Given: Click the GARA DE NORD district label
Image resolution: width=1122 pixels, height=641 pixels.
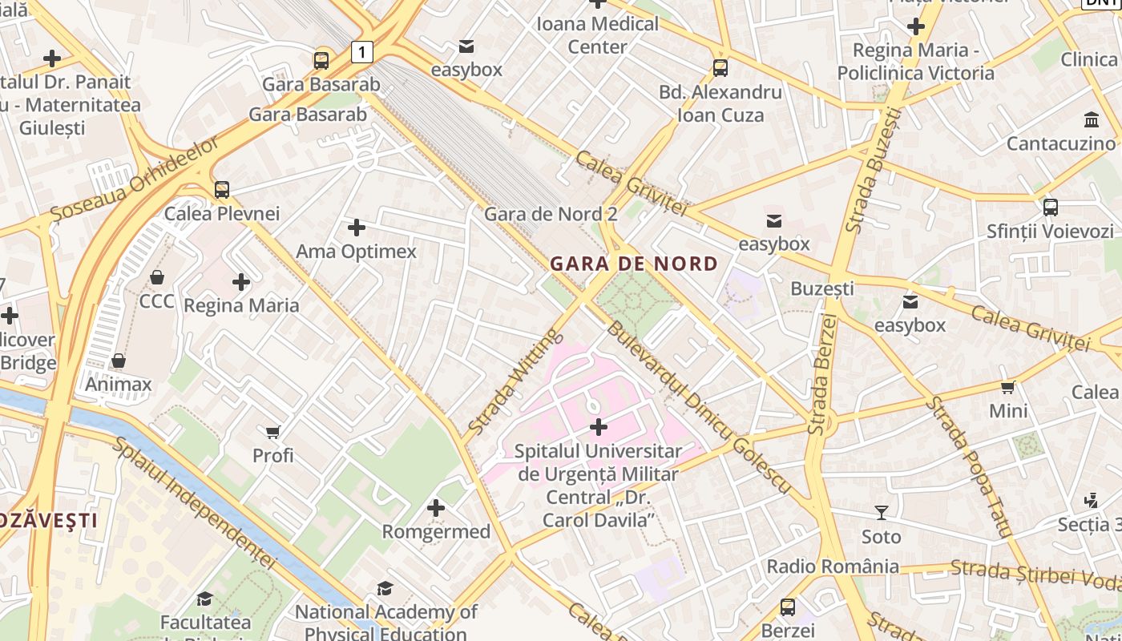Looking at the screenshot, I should tap(634, 264).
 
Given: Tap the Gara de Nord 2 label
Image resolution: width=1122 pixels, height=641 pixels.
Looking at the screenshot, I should tap(551, 214).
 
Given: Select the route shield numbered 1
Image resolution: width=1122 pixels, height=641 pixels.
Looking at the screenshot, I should tap(362, 53).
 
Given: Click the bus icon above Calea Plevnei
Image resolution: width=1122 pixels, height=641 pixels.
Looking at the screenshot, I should tap(222, 190).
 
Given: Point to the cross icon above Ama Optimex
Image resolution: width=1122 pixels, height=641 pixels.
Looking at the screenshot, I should tap(357, 228).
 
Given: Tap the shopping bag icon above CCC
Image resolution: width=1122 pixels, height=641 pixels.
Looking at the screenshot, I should tap(157, 277).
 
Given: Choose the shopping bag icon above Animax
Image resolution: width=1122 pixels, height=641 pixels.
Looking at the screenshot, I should tap(119, 361).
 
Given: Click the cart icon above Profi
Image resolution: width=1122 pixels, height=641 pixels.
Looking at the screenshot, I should tap(273, 432).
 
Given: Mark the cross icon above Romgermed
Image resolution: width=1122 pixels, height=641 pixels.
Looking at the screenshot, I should tap(436, 508).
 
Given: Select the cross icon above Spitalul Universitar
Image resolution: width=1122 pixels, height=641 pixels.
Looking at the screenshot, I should tap(598, 427).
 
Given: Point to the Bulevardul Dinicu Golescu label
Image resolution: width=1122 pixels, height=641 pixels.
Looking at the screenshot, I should tap(697, 407).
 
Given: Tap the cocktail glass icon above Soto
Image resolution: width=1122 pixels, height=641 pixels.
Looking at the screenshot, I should tap(882, 513).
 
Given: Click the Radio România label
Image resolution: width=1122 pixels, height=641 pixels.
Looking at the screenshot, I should tap(833, 566).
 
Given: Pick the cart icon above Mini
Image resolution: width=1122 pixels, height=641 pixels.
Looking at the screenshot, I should tap(1008, 388).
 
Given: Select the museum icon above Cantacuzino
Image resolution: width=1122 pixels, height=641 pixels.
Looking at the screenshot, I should tap(1092, 120).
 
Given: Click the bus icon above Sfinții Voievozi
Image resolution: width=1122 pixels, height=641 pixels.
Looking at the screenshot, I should tap(1051, 208).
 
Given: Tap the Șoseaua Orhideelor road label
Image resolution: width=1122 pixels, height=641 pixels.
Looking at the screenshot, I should tap(134, 179).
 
